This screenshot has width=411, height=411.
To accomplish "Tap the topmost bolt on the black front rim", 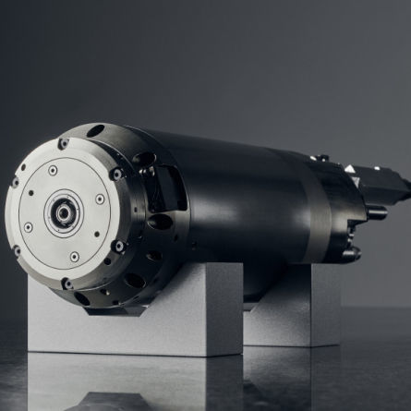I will click(63, 143).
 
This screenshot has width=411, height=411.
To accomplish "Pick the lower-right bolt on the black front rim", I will click(117, 247).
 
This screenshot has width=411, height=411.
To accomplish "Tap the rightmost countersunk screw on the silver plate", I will click(100, 199).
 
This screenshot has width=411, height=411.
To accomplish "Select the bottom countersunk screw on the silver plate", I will click(74, 257).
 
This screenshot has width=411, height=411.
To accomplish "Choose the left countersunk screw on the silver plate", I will click(28, 226).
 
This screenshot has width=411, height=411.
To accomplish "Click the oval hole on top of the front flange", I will click(95, 129).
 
